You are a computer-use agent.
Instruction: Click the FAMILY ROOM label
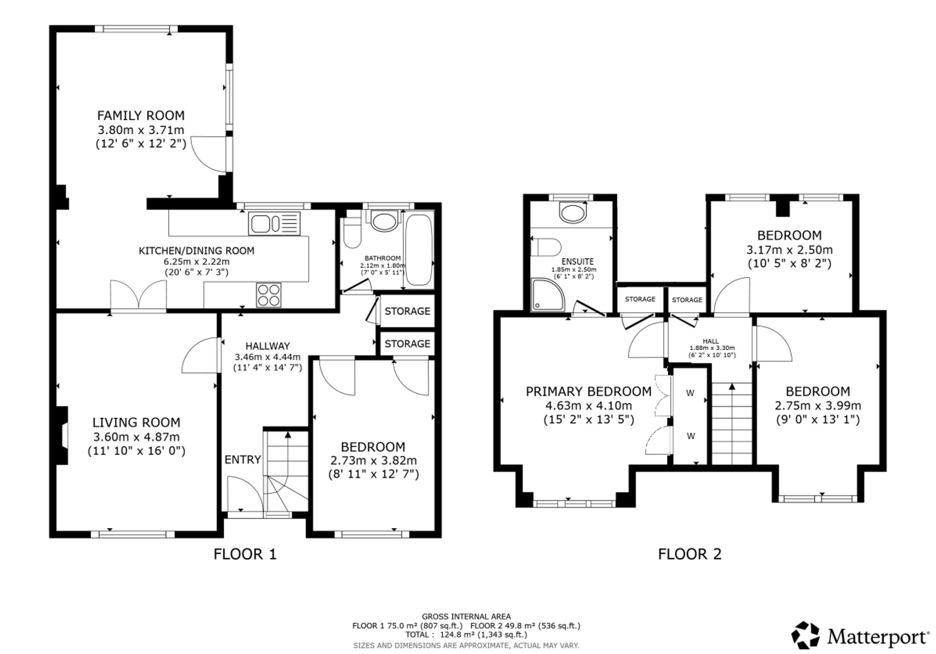(x=141, y=116)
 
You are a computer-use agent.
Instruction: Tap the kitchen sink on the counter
(x=274, y=223)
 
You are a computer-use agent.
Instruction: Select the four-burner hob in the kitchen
(x=269, y=295)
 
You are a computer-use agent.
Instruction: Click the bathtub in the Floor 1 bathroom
(x=418, y=250)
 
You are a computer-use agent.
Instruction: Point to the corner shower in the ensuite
(x=548, y=294)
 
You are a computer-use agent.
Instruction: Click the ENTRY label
(x=242, y=460)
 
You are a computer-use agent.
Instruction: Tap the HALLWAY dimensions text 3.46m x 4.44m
(x=268, y=357)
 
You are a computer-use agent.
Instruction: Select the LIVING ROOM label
(x=136, y=423)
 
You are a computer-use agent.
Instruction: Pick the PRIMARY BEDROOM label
(x=589, y=391)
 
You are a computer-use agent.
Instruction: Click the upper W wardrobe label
(x=690, y=393)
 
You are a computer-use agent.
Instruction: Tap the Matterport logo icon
(x=805, y=635)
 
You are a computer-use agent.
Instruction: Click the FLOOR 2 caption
(x=690, y=554)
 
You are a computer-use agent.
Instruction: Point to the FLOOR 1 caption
(x=245, y=554)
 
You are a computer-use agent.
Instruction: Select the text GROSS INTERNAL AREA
(x=466, y=617)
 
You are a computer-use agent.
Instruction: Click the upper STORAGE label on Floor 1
(x=407, y=311)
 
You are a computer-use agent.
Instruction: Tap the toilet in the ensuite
(x=547, y=247)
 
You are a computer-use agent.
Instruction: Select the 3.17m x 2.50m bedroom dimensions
(x=790, y=250)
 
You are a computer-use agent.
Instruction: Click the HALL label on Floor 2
(x=710, y=341)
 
